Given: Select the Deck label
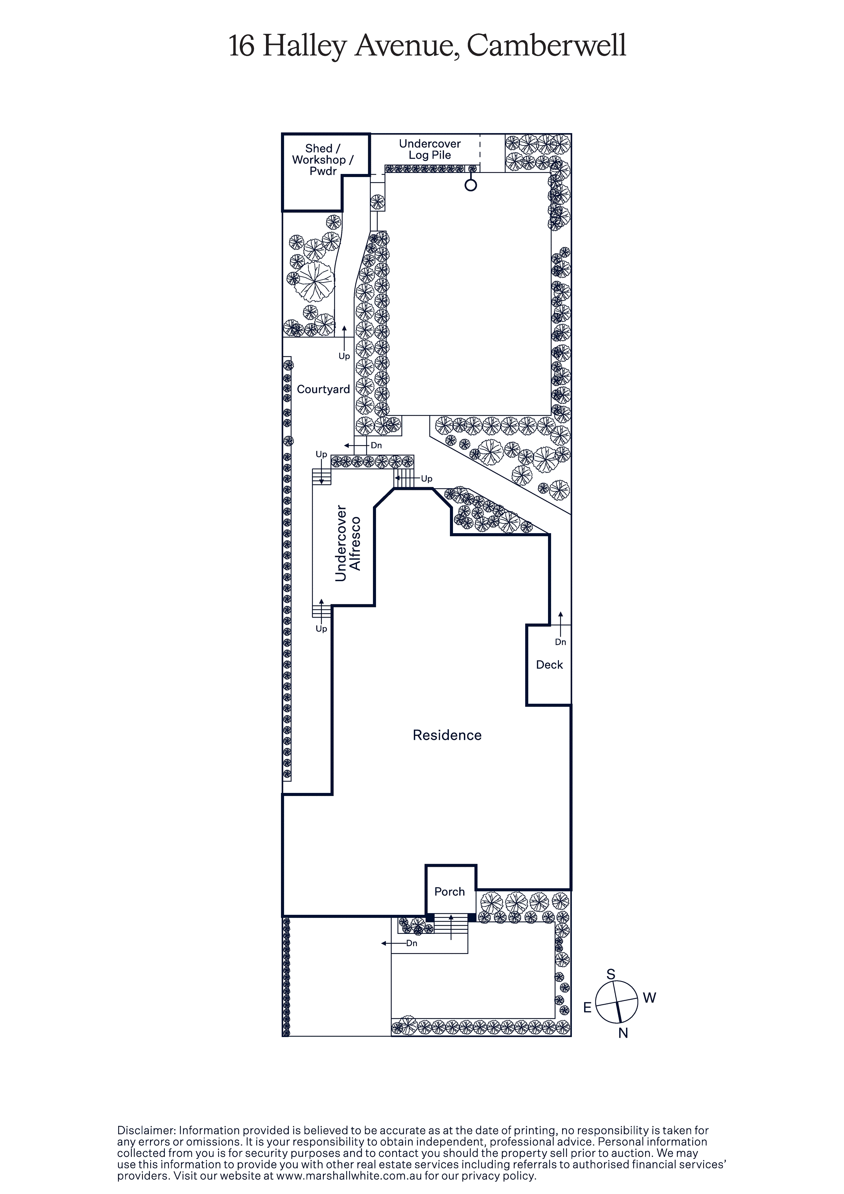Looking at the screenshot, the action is [x=549, y=665].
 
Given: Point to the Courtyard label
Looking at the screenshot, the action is [x=323, y=389].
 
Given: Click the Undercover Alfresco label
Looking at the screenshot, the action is [x=348, y=543].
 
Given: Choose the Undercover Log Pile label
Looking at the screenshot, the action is [x=430, y=149].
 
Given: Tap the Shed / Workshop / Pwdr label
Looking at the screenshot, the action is [x=323, y=160].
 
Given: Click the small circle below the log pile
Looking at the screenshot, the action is [x=471, y=185].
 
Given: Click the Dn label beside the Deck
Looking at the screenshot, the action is [x=560, y=642].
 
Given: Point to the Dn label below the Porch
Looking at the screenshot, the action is [x=411, y=943].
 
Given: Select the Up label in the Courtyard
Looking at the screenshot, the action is [x=344, y=356].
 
